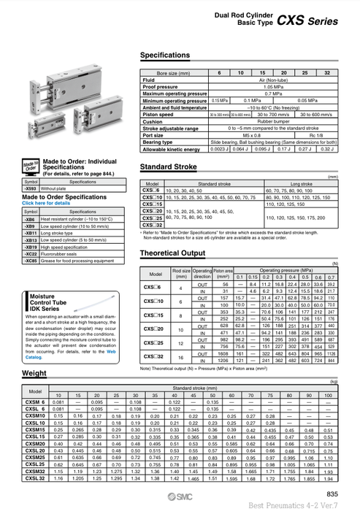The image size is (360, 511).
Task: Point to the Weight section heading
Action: point(34,373)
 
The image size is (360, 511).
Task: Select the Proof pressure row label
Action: point(161,86)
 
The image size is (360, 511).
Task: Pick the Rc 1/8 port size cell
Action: point(315,134)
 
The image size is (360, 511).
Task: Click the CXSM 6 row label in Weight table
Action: point(34,402)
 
